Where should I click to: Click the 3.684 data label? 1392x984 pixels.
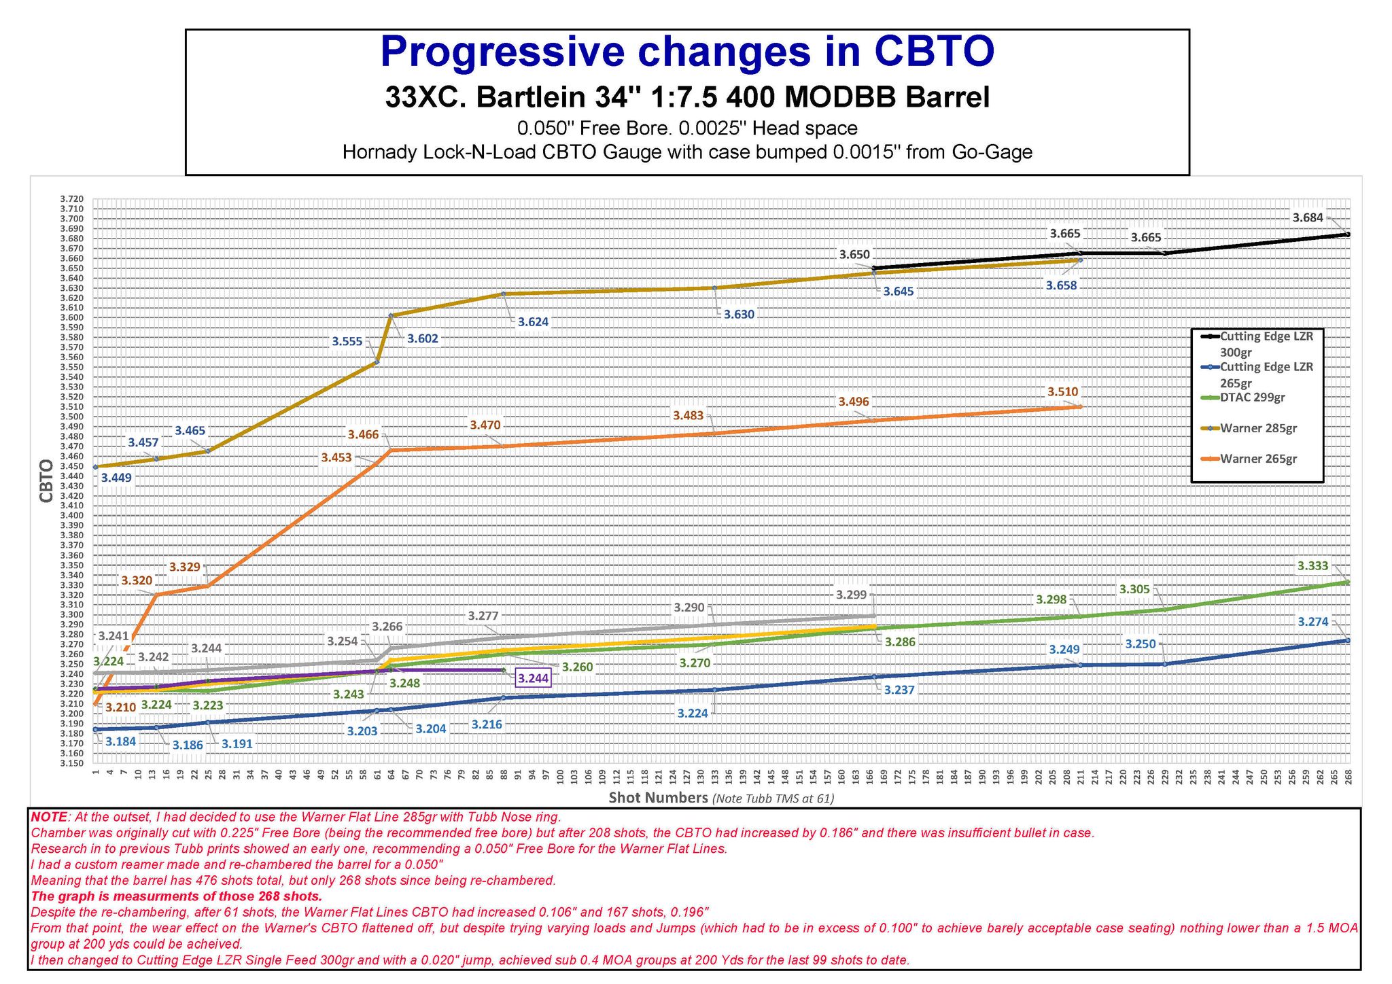1307,218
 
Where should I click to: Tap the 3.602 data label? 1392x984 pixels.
422,339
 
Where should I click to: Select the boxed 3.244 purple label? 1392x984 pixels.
533,678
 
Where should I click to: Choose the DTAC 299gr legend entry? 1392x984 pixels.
1252,398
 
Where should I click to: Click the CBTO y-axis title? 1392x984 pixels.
46,480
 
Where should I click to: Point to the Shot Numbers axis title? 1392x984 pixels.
657,798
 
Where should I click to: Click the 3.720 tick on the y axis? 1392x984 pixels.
71,198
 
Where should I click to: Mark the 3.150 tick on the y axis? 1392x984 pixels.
71,764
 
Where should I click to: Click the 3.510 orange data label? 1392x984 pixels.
1062,392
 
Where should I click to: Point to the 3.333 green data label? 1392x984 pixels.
1312,566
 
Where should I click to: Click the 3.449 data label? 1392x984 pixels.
116,478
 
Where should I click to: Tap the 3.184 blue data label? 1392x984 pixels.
121,741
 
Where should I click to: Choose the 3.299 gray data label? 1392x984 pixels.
851,595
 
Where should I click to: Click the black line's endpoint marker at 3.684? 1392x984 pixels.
1348,234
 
